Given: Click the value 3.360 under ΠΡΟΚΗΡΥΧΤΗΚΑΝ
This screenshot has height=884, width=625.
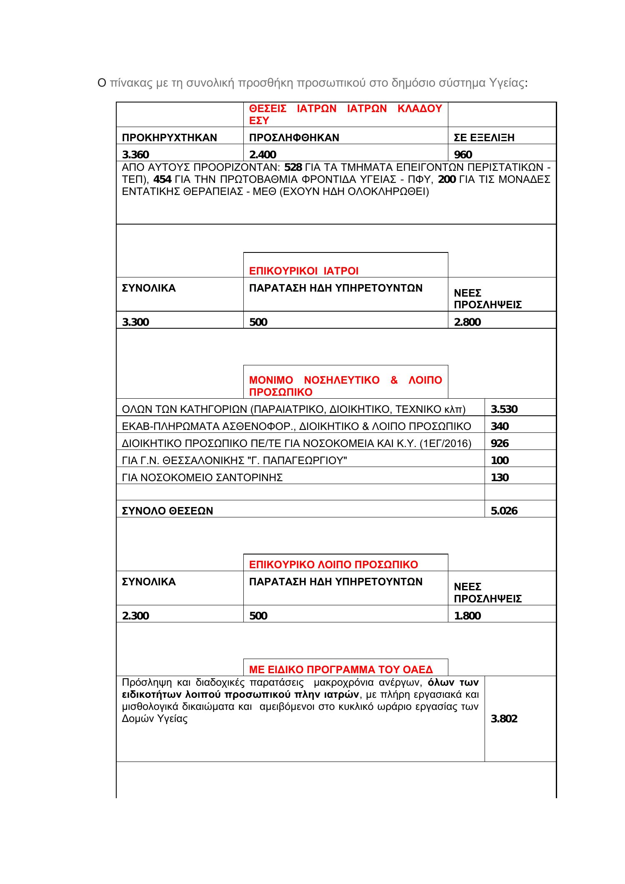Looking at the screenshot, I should point(135,155).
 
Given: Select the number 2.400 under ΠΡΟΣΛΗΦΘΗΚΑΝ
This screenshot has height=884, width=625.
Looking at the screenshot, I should point(262,155).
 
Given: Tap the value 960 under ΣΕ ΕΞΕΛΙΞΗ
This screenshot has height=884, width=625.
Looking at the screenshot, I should point(463,155).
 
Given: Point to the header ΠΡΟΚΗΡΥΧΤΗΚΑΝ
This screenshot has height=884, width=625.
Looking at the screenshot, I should point(169,138).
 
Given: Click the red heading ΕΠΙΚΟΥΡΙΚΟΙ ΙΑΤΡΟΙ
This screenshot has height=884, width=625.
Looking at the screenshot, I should point(303,271).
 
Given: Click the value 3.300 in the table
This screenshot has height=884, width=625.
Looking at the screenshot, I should point(135,322).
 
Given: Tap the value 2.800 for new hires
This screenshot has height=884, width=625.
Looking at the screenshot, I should point(467,322).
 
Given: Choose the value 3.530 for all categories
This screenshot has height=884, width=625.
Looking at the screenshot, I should point(504,409).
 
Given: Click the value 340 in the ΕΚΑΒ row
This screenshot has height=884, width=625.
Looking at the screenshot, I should point(500,426).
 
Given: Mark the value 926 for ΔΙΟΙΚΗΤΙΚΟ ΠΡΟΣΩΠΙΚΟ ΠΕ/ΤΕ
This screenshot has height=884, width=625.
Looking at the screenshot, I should point(500,443).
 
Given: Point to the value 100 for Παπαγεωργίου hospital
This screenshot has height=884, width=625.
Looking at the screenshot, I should point(500,460).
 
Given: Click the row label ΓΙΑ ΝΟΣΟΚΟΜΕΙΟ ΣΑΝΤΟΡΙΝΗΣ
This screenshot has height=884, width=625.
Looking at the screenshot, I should point(202,477).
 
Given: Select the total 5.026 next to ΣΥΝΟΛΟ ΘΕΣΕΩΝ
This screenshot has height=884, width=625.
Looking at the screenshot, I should point(504,511).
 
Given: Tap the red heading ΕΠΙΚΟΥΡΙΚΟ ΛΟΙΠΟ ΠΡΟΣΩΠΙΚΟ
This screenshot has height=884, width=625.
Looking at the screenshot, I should point(333,564).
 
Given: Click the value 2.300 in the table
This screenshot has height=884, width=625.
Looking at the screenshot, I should point(135,616).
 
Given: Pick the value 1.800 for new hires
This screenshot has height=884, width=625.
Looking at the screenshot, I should point(467,616).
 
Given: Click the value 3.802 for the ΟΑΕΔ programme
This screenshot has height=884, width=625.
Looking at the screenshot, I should point(504,719).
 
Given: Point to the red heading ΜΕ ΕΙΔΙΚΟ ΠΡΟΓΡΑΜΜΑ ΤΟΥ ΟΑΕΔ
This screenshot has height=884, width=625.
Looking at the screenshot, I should point(341,669).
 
